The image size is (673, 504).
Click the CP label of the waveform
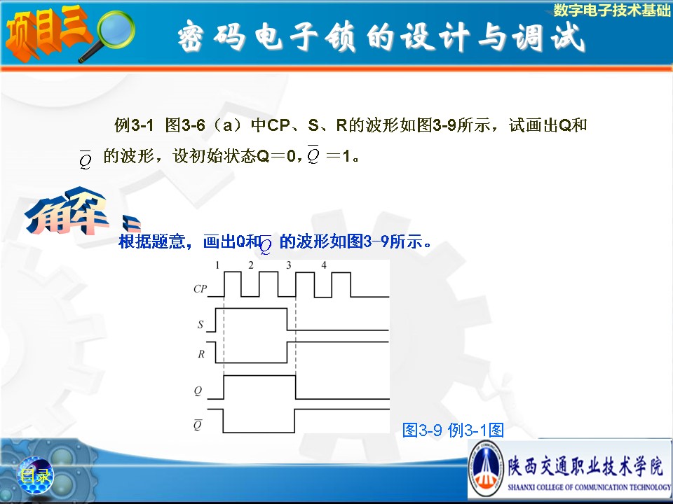(200, 289)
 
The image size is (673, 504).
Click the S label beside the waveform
(200, 324)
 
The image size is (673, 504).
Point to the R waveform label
(201, 354)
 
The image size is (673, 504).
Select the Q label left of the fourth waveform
(198, 391)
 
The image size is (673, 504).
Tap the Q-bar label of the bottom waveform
(198, 424)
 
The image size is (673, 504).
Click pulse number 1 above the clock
(217, 266)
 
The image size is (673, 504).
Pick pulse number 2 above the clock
(251, 265)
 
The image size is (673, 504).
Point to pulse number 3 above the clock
(288, 266)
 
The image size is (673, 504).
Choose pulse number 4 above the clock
(324, 265)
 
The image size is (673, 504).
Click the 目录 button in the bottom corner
(36, 475)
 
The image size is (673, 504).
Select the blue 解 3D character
(67, 211)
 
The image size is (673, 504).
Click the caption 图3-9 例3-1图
(453, 430)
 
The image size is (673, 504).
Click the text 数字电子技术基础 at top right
(611, 10)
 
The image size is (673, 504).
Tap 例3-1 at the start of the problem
(134, 125)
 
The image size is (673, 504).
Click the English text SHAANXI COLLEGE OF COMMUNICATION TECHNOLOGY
(589, 487)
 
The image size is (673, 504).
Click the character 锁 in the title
(339, 37)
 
